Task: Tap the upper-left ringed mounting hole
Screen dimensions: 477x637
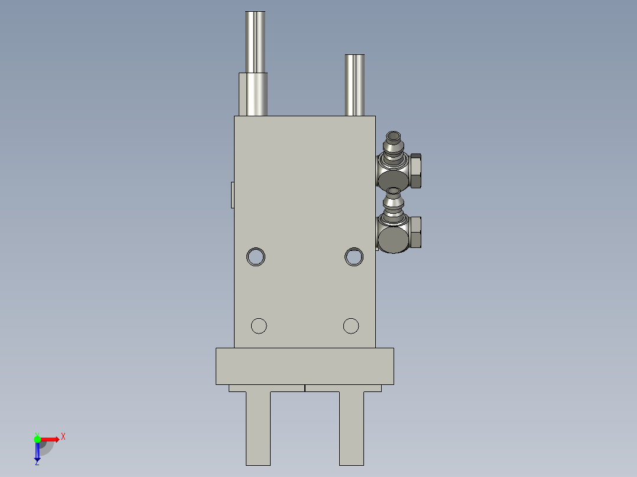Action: pos(256,256)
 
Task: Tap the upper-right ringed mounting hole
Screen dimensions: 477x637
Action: pos(354,256)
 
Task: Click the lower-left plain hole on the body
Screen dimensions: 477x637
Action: pos(259,325)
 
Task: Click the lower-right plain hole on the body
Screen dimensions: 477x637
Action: pos(351,325)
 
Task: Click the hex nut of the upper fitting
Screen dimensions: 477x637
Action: pos(415,171)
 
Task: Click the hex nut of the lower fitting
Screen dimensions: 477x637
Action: pos(415,233)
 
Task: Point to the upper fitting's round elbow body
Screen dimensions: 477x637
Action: pos(392,179)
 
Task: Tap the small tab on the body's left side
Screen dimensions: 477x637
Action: pos(232,195)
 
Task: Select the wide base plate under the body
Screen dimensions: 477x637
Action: pos(304,366)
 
